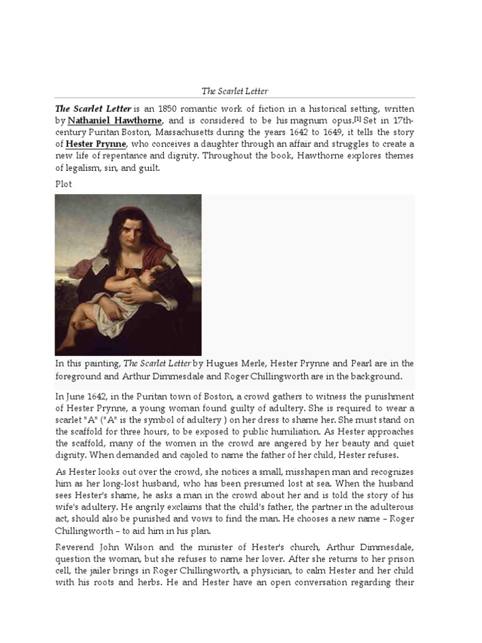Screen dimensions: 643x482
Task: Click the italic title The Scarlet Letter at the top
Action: click(234, 91)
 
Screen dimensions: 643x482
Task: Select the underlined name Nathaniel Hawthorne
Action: click(115, 120)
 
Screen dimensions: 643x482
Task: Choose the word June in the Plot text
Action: click(77, 397)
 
